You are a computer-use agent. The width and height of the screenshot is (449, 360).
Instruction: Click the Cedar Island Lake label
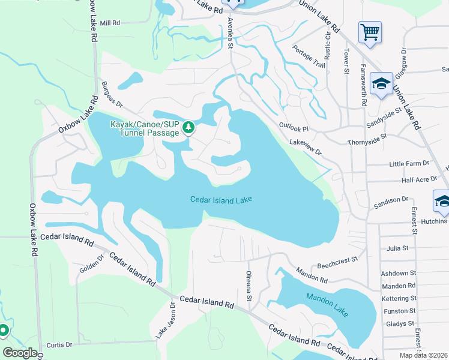(221, 200)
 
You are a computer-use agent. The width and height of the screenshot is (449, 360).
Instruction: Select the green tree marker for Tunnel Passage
(188, 127)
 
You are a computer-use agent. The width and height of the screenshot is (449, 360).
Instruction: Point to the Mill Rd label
(110, 23)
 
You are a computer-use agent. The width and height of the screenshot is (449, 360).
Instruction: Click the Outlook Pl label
(294, 128)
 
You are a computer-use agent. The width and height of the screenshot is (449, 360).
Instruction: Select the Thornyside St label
(367, 143)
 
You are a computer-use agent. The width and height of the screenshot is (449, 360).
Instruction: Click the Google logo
(20, 353)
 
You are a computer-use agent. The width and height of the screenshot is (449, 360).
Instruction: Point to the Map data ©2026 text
(423, 355)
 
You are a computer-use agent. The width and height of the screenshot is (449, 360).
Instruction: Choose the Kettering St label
(399, 298)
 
